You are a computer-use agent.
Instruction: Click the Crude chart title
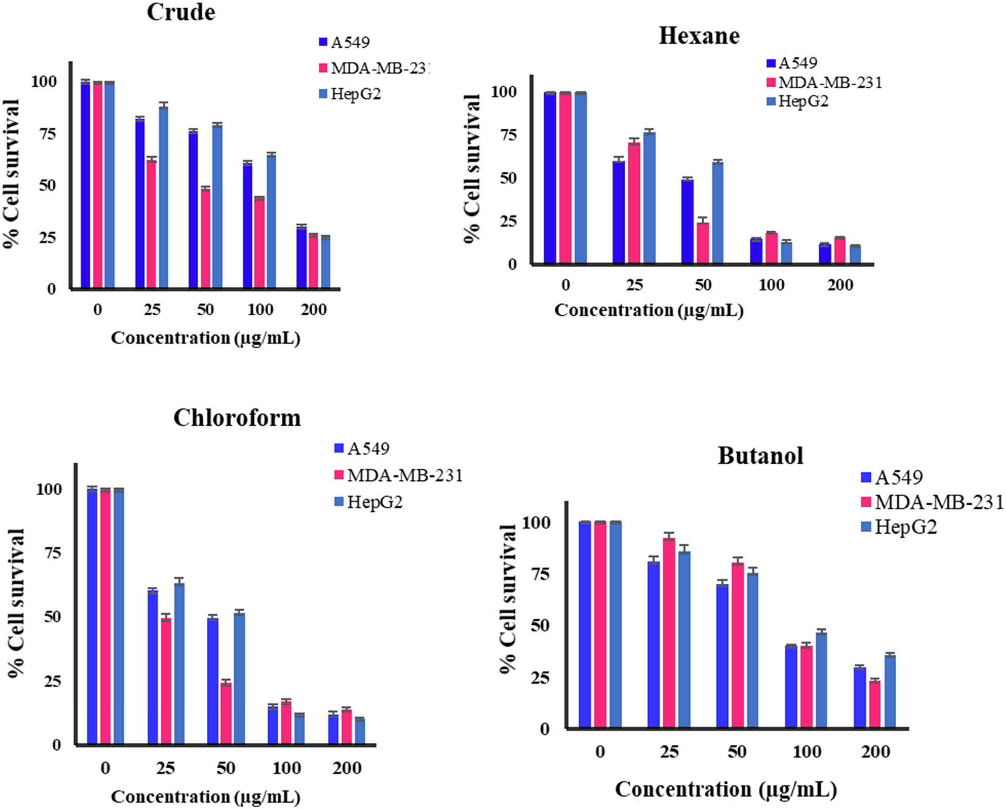181,12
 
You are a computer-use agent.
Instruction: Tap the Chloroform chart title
237,418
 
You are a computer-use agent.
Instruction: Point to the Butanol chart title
760,456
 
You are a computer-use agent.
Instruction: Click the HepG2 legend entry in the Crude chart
355,94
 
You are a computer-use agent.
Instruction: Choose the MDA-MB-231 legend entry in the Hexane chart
830,83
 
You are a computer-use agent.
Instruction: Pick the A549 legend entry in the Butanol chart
898,478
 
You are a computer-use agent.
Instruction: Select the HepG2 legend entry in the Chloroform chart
374,502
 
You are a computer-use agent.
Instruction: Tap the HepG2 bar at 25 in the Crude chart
164,196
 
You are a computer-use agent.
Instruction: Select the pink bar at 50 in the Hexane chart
703,243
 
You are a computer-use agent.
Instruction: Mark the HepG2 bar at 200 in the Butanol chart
890,691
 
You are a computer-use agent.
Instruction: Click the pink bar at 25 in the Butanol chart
669,633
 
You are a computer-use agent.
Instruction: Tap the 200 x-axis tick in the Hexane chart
840,285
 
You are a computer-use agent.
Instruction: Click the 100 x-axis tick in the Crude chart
260,310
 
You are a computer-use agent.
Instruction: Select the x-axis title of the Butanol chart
725,789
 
